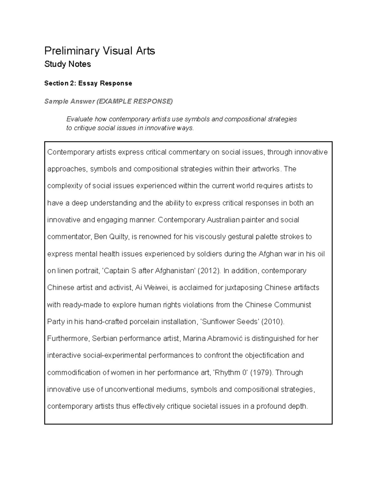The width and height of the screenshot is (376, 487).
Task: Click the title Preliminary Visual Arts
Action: pos(100,51)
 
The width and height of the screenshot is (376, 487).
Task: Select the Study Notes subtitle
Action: pos(68,64)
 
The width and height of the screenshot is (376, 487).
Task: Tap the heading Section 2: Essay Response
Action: pos(88,83)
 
